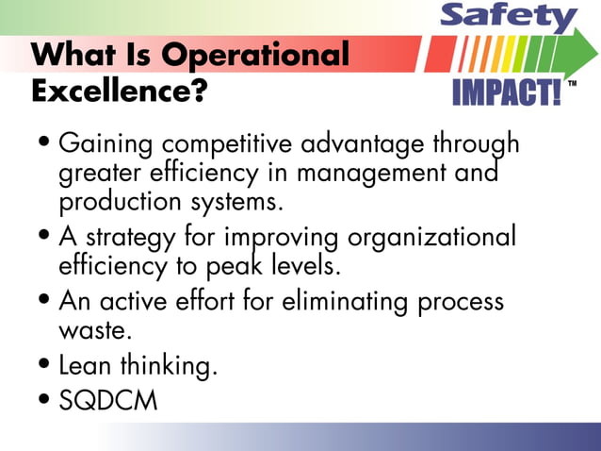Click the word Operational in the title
pyautogui.click(x=256, y=54)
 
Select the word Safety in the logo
pyautogui.click(x=509, y=17)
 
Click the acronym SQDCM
pyautogui.click(x=107, y=400)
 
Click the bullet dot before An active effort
pyautogui.click(x=46, y=303)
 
